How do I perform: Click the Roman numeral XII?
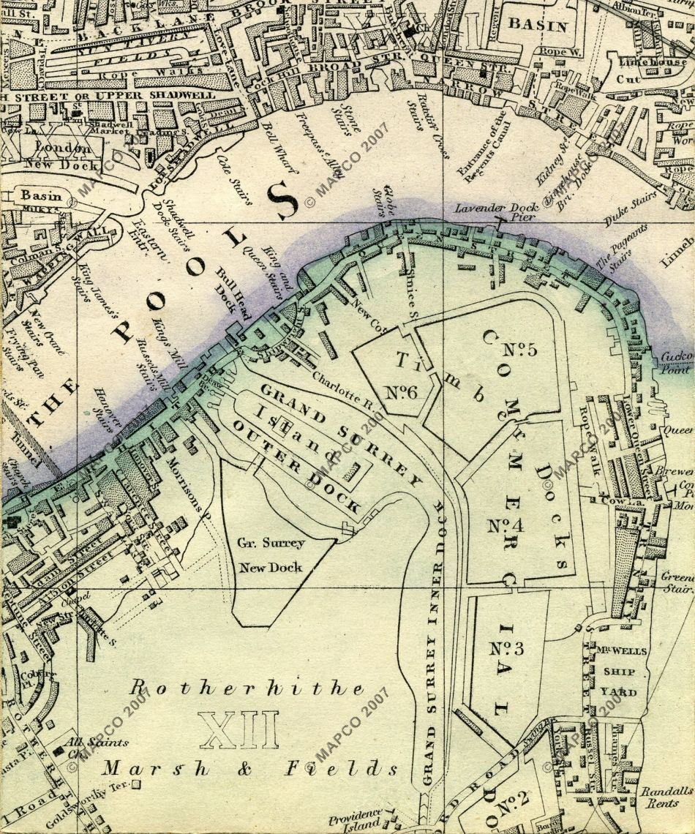coord(239,729)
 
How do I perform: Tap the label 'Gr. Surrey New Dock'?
coord(271,555)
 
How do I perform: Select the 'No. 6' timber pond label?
coord(401,392)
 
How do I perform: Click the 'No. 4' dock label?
coord(504,525)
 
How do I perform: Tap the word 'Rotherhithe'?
coord(246,689)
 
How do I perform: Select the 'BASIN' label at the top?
coord(538,26)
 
